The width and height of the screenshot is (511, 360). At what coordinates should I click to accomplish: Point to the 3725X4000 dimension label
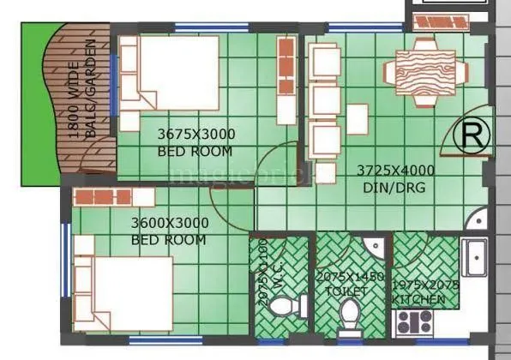pos(395,170)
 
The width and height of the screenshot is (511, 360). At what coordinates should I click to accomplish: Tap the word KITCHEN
pos(418,299)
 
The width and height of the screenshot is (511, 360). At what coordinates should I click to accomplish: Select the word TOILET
pos(346,291)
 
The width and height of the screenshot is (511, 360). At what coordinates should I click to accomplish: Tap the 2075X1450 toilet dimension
pos(350,276)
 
